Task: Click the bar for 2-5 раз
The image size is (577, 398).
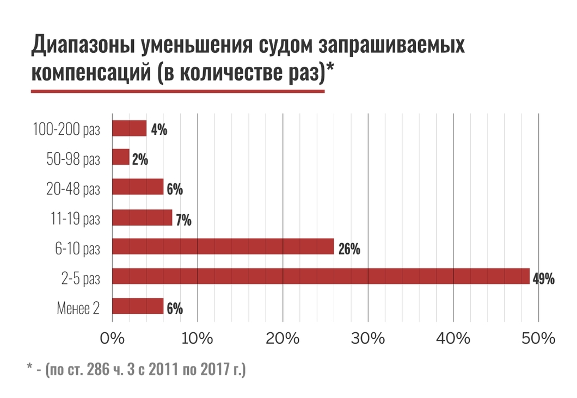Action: pos(321,276)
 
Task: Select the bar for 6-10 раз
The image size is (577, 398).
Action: pos(223,247)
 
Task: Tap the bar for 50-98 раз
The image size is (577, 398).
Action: pos(121,157)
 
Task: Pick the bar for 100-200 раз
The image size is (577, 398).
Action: pos(130,128)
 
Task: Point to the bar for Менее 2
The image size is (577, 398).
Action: pos(138,306)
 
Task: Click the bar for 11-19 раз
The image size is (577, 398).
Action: pos(142,217)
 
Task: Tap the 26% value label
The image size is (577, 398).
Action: pos(349,250)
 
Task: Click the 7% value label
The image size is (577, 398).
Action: pos(183,221)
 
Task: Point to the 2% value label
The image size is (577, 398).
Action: pos(140,160)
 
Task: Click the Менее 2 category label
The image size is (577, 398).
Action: pos(78,308)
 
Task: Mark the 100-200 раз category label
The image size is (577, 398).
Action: pos(66,129)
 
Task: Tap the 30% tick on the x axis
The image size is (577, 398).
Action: pos(368,338)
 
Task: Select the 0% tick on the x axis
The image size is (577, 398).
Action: pos(112,338)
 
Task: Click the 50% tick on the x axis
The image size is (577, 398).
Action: pos(539,338)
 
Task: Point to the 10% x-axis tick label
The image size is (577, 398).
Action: pos(197,338)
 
